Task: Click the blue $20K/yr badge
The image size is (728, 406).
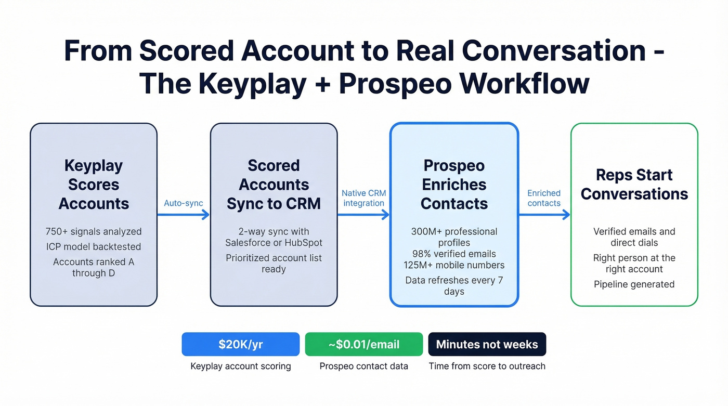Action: click(240, 344)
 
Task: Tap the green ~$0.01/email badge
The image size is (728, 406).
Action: click(363, 344)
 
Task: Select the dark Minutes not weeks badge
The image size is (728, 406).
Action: click(487, 344)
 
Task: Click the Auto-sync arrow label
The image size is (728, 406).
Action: click(183, 203)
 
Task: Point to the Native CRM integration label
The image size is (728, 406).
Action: click(363, 198)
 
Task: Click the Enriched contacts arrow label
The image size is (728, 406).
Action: click(544, 198)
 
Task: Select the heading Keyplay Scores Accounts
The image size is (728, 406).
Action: click(94, 185)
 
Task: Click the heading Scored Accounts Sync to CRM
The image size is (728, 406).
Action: click(274, 185)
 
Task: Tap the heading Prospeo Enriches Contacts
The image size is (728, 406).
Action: click(454, 185)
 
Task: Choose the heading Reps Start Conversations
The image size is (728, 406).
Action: click(634, 185)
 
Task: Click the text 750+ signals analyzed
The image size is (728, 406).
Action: click(94, 232)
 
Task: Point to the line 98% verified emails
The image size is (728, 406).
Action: click(454, 254)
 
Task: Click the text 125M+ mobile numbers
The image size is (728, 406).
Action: click(454, 265)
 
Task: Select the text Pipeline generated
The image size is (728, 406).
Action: click(634, 284)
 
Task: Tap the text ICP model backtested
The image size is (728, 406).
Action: click(94, 247)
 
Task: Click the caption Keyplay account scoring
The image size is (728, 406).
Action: click(240, 366)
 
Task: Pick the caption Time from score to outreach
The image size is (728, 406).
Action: click(487, 366)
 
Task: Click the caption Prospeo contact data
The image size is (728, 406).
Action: click(363, 366)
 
